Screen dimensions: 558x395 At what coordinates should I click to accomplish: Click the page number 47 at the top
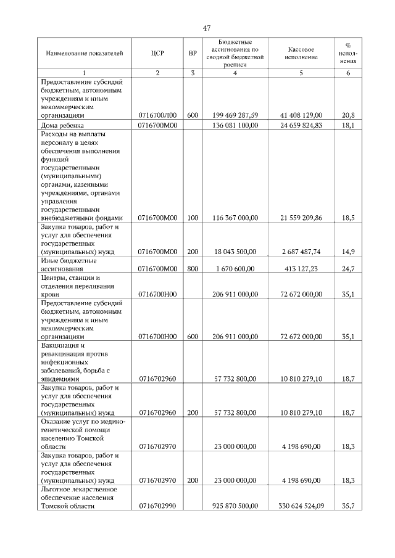tap(206, 28)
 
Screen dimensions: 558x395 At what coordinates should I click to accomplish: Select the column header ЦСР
tap(157, 53)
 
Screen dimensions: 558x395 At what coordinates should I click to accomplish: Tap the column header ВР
tap(193, 53)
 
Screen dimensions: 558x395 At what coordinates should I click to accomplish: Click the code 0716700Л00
tap(157, 115)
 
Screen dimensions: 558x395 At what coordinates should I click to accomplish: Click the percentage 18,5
tap(348, 218)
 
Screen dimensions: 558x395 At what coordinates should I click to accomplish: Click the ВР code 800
tap(193, 269)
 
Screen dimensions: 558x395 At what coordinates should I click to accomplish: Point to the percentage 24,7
tap(348, 269)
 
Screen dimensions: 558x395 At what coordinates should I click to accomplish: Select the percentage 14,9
tap(348, 252)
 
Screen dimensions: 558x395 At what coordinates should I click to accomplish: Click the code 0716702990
tap(157, 506)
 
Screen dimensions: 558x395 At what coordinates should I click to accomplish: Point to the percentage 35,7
tap(348, 506)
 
